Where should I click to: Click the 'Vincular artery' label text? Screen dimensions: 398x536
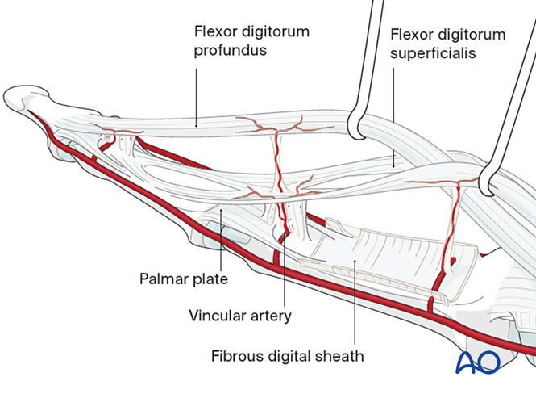(x=239, y=316)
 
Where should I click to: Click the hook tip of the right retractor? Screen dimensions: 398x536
(x=490, y=188)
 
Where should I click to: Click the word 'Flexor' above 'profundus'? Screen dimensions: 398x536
(x=214, y=32)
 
